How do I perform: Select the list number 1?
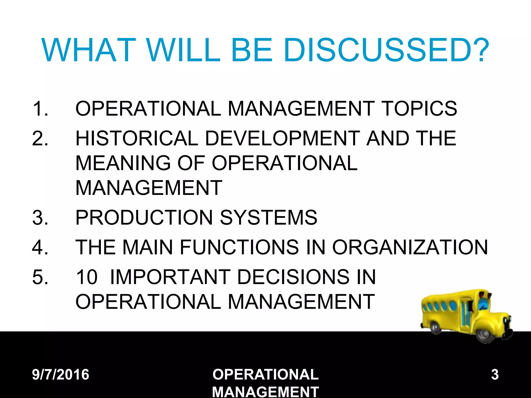pos(40,108)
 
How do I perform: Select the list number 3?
pos(40,217)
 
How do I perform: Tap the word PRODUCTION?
pos(144,217)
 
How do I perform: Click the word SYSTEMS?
pos(269,217)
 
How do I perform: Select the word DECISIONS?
pos(293,277)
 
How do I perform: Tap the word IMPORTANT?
pos(170,277)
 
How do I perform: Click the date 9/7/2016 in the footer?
pos(60,374)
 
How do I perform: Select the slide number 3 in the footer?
pos(495,374)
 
